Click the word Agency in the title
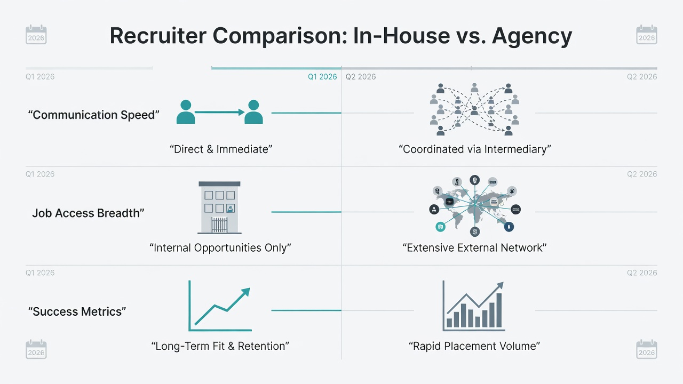coord(532,36)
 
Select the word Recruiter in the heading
coord(158,36)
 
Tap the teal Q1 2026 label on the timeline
coord(322,77)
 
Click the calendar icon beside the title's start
coord(36,35)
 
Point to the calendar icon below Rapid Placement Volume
coord(646,349)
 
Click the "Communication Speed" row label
coord(93,115)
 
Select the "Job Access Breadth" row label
coord(88,213)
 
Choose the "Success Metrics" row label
coord(77,311)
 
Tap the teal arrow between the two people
coord(219,112)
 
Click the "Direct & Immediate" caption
coord(221,149)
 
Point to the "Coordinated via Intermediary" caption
coord(475,149)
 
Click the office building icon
coord(219,207)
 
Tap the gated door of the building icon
coord(219,225)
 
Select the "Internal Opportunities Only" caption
coord(220,248)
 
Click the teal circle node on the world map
coord(440,227)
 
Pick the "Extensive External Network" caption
coord(474,248)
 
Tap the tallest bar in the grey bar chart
coord(499,310)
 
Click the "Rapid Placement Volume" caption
coord(474,346)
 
